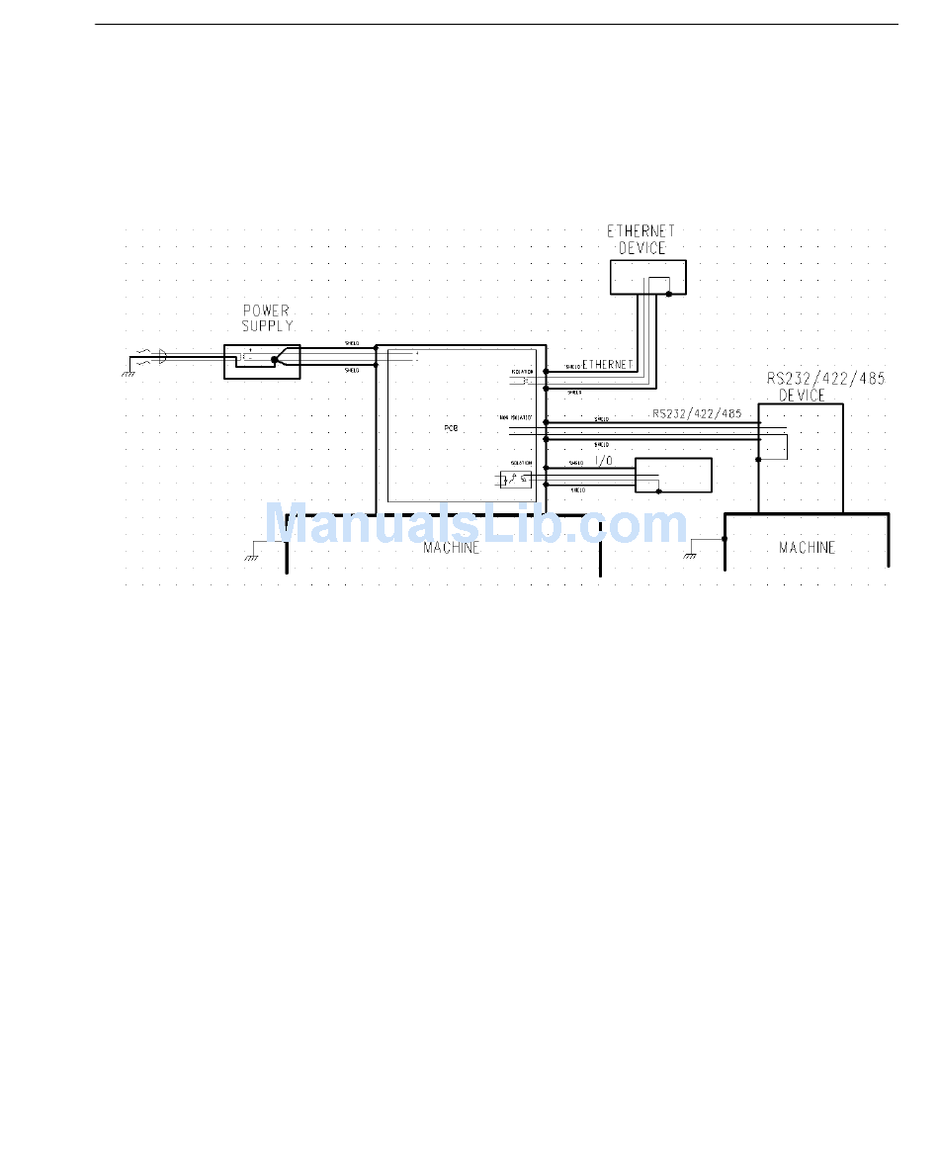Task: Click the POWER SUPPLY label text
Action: [266, 317]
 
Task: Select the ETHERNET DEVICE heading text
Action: [641, 239]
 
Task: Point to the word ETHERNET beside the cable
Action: [607, 365]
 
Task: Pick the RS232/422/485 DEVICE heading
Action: [804, 387]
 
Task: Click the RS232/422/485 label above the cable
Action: [696, 413]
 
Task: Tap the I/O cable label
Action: [604, 462]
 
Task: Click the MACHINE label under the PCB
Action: [451, 547]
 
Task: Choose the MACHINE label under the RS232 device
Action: [807, 547]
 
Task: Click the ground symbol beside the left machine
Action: [252, 557]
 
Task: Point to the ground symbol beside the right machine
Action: [690, 555]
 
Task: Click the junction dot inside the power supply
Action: [274, 360]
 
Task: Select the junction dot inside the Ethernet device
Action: [669, 293]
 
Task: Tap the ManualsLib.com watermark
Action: [474, 524]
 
